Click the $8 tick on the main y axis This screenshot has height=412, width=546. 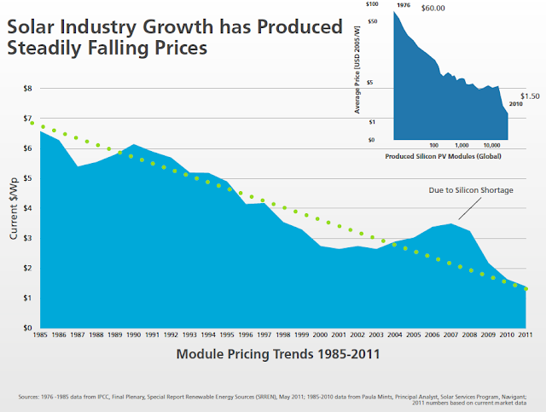click(x=27, y=88)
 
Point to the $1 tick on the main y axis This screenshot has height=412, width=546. click(x=27, y=298)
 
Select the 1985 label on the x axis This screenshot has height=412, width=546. click(x=41, y=334)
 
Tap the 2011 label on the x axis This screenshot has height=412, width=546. click(x=526, y=334)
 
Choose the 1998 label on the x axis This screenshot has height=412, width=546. click(x=283, y=334)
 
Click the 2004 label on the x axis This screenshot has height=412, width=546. click(x=395, y=334)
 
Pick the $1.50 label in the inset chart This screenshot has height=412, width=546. click(x=530, y=96)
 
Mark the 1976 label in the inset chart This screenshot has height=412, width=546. click(x=404, y=5)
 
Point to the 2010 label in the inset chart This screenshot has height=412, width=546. click(x=515, y=104)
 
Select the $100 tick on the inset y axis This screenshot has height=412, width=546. click(x=371, y=5)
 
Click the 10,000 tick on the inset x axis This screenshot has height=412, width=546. click(x=491, y=144)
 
